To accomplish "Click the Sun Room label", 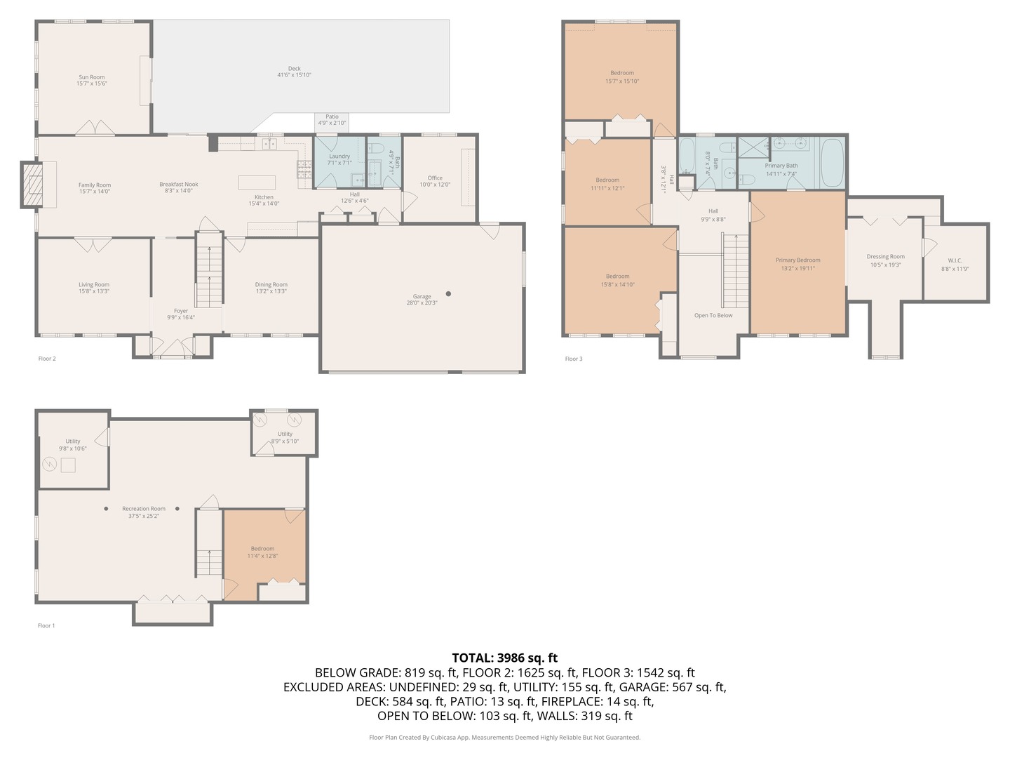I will (92, 77).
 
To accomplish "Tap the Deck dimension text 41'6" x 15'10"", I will (295, 75).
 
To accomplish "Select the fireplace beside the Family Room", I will (32, 185).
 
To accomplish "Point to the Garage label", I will (422, 296).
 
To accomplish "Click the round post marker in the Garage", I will (448, 294).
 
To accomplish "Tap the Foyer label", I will (181, 311).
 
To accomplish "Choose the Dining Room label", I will (271, 285).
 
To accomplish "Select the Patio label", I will (332, 117).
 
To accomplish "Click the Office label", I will (435, 178).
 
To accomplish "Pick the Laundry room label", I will (339, 157).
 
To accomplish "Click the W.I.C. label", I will (955, 260).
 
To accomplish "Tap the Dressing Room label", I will (886, 257).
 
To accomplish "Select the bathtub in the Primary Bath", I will (832, 161).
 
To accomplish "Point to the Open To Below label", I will (713, 316).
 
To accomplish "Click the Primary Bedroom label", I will (798, 260).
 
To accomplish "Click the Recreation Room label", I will (144, 509).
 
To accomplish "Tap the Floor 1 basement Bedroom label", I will (262, 549).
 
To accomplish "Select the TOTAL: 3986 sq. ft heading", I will (504, 658).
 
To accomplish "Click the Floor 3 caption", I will (574, 359).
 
